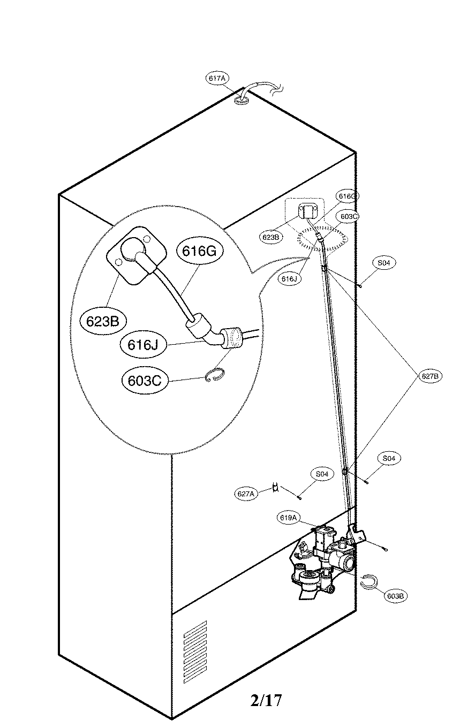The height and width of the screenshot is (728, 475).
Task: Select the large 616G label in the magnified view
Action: [x=199, y=252]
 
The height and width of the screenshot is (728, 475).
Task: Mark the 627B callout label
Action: [x=430, y=376]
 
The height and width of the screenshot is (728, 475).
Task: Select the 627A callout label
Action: [x=246, y=494]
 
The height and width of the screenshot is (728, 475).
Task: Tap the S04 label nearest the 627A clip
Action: [x=322, y=474]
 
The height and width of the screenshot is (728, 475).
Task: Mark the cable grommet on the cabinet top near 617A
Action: [x=243, y=98]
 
